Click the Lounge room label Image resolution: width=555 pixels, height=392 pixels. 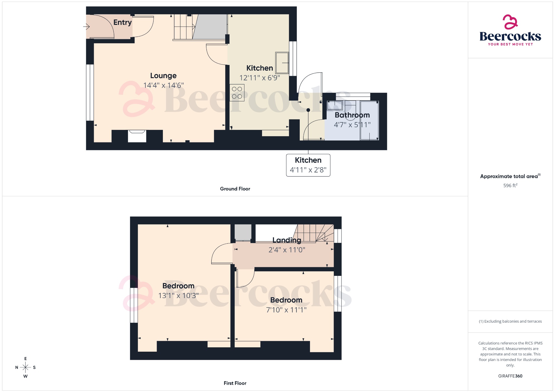point(163,76)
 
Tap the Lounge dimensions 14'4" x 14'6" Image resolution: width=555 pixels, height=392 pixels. point(163,85)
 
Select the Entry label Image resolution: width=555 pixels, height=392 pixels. point(122,22)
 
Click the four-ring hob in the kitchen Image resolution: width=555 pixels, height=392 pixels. point(237,93)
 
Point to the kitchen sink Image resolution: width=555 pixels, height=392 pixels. point(282,63)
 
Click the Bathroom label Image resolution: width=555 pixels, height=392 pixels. point(352,115)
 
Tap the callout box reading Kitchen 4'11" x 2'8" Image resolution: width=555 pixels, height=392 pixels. point(308,165)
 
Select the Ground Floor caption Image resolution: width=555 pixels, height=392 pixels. point(235,189)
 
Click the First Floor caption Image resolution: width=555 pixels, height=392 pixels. point(235,383)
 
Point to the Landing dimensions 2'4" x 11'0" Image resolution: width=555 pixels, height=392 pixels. point(287,250)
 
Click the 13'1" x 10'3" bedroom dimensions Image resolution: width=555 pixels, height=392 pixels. point(178,295)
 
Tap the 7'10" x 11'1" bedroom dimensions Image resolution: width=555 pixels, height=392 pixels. point(286,310)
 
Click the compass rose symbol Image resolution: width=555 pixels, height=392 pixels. point(25,367)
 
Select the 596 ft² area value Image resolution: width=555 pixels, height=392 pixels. point(510,185)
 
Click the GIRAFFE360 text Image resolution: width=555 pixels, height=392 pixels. point(510,376)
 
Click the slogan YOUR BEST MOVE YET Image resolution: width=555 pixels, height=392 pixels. point(510,44)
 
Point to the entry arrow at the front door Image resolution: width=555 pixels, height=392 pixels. point(86,27)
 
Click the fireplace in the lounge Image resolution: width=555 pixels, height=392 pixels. point(137,136)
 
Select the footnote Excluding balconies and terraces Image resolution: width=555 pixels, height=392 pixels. point(510,321)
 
